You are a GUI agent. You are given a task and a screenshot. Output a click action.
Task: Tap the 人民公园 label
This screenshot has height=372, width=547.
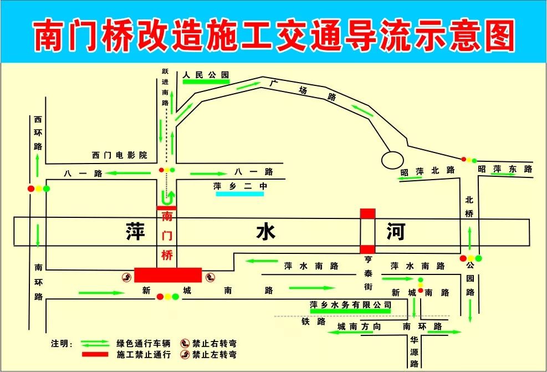click(206, 74)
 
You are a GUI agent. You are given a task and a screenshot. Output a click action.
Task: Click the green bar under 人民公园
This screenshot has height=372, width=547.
click(206, 82)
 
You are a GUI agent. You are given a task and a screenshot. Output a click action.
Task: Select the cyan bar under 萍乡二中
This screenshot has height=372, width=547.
click(241, 194)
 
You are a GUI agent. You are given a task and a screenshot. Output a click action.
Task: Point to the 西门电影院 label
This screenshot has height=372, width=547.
click(120, 155)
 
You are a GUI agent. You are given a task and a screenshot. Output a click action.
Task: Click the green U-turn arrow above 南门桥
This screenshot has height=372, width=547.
click(167, 197)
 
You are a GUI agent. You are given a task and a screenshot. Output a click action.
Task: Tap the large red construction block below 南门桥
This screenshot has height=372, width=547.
click(168, 274)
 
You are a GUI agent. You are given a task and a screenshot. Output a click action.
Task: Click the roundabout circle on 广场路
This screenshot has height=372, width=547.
click(393, 160)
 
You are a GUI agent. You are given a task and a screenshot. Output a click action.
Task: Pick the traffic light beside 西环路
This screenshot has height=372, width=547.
click(39, 189)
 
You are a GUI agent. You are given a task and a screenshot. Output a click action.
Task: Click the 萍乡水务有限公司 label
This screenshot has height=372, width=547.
click(350, 305)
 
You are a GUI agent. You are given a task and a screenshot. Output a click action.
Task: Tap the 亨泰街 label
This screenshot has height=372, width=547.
click(367, 273)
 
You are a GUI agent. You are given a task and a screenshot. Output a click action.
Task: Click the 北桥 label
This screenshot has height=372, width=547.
click(469, 207)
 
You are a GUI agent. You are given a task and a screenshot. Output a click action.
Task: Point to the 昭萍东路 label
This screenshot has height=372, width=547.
click(505, 169)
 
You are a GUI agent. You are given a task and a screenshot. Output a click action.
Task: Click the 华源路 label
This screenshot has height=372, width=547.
click(414, 351)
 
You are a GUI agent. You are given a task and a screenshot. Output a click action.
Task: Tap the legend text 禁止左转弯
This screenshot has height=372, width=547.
click(214, 354)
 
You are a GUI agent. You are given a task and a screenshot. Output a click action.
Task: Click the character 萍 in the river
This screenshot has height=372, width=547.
click(135, 232)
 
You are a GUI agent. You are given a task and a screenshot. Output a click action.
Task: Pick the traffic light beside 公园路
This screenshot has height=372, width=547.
click(471, 258)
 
